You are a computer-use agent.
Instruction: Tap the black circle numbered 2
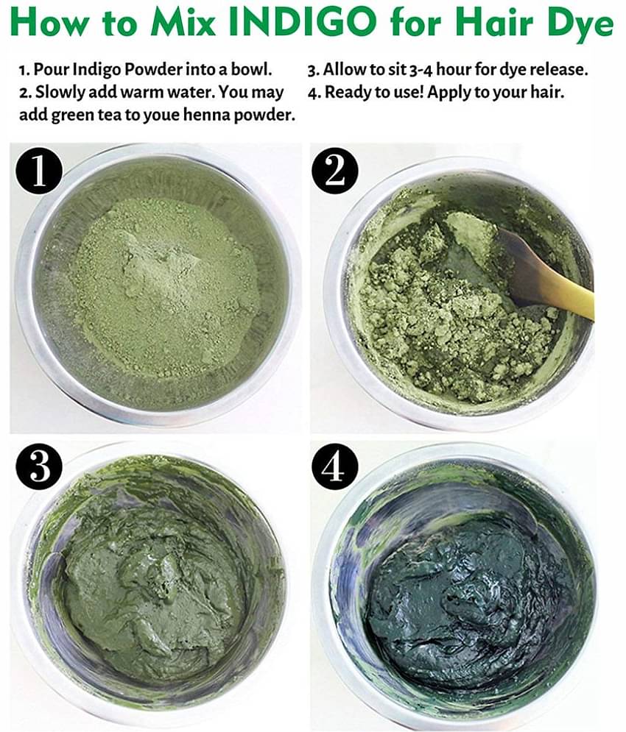click(335, 172)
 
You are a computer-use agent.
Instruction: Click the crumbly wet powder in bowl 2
click(442, 309)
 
